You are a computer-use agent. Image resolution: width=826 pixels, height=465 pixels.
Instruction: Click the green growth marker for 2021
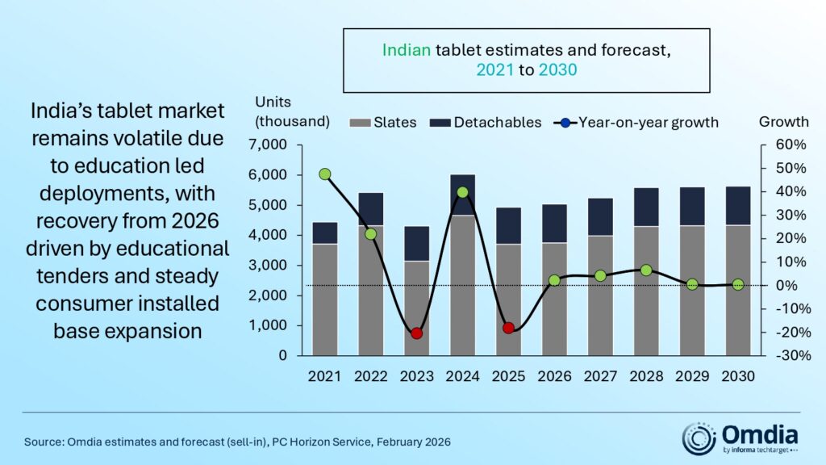324,174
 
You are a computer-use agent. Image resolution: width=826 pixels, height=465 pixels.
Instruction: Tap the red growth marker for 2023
416,333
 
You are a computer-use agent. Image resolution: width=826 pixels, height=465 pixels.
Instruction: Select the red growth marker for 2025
508,328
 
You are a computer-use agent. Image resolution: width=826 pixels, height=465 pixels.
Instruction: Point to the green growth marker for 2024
462,192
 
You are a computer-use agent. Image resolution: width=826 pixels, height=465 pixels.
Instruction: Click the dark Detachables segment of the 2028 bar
645,207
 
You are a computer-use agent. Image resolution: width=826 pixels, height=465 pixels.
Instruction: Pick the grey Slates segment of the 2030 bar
737,291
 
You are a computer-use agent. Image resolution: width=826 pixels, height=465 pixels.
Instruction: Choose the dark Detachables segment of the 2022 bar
370,208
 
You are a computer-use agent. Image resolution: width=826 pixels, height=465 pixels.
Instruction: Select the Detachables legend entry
486,123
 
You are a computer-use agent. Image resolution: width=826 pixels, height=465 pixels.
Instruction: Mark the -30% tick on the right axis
782,356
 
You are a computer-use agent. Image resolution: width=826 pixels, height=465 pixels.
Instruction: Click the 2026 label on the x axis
554,377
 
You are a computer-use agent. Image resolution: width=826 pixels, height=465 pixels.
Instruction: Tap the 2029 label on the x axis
691,377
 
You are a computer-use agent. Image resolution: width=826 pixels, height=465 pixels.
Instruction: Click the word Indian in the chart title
407,50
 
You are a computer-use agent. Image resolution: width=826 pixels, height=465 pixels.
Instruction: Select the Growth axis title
784,122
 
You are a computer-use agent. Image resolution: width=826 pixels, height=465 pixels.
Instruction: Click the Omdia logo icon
698,438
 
